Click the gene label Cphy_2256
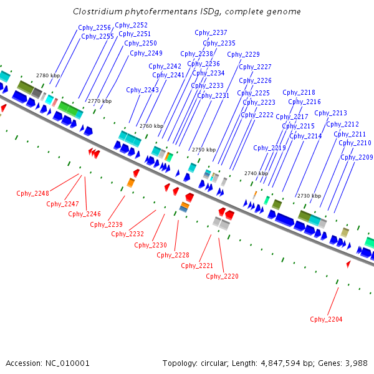pyautogui.click(x=95, y=27)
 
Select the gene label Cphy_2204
pyautogui.click(x=326, y=319)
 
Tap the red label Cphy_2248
pyautogui.click(x=32, y=193)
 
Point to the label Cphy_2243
pyautogui.click(x=142, y=90)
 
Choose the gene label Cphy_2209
pyautogui.click(x=357, y=157)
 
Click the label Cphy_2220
pyautogui.click(x=222, y=276)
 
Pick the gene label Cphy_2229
pyautogui.click(x=243, y=54)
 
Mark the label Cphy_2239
pyautogui.click(x=106, y=224)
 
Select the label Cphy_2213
pyautogui.click(x=330, y=113)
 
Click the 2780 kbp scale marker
pyautogui.click(x=48, y=75)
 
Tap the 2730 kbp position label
pyautogui.click(x=309, y=196)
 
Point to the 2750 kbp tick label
pyautogui.click(x=204, y=150)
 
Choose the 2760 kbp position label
pyautogui.click(x=151, y=126)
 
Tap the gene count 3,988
pyautogui.click(x=355, y=363)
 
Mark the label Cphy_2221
pyautogui.click(x=197, y=266)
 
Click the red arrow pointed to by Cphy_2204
pyautogui.click(x=348, y=265)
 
